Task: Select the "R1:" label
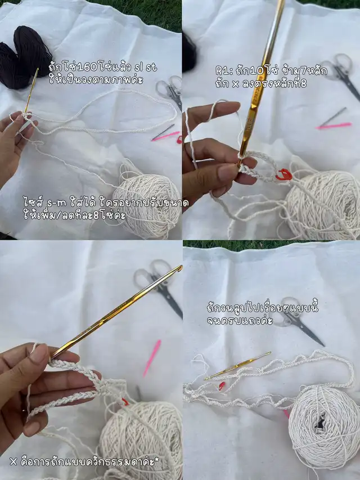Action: (223, 71)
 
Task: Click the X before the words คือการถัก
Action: (13, 461)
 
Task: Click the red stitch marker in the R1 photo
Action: (285, 174)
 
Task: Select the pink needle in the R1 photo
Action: (334, 125)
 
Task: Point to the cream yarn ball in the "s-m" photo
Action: (147, 205)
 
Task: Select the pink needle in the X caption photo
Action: (152, 357)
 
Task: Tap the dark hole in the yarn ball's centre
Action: (321, 424)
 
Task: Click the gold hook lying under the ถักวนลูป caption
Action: (237, 366)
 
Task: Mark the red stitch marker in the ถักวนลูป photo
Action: (222, 385)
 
